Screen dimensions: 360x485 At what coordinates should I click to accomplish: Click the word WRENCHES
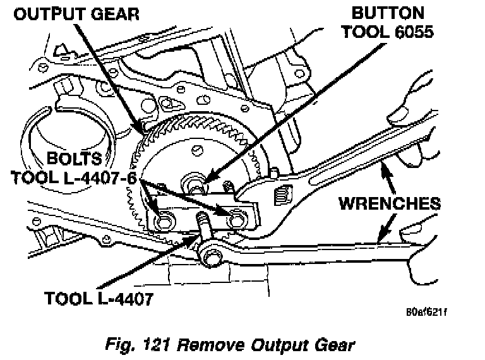[389, 203]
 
